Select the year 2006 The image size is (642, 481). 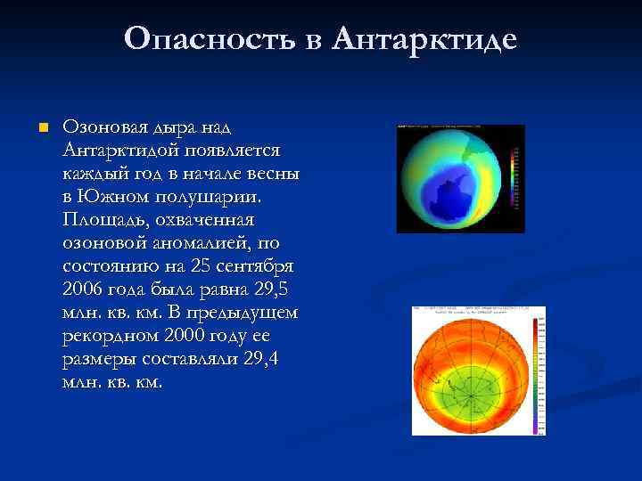tap(84, 289)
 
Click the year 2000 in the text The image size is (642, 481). tap(185, 336)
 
